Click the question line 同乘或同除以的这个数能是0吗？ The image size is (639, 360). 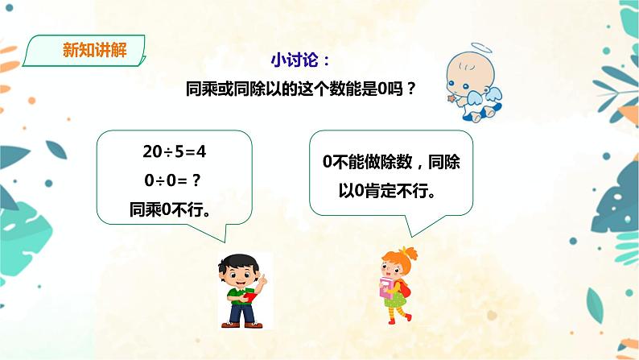300,89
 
